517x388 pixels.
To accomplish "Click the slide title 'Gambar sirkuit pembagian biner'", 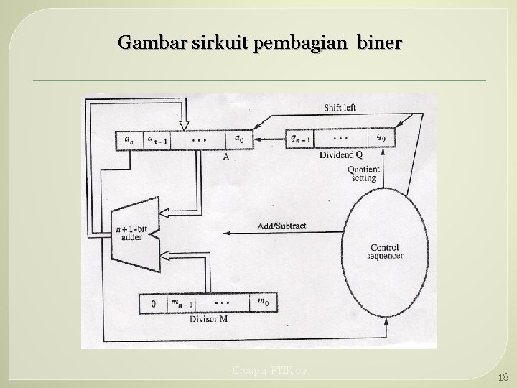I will pos(261,43).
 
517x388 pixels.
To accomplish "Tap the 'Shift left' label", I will pos(339,108).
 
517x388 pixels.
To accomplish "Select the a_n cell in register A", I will pos(129,139).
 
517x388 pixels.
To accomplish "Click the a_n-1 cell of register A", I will pos(157,139).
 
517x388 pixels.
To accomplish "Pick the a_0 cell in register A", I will pos(240,139).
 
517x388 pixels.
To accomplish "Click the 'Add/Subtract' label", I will pos(282,226).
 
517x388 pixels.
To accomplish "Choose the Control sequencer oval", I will pos(384,248).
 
